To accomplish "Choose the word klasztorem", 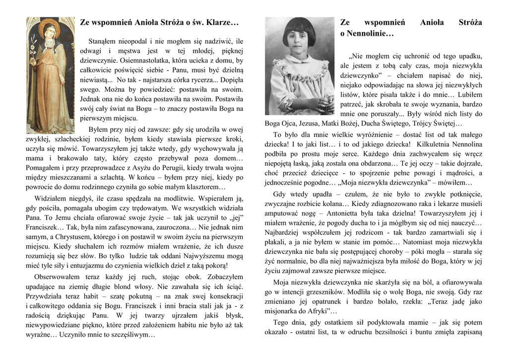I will [201, 187].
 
